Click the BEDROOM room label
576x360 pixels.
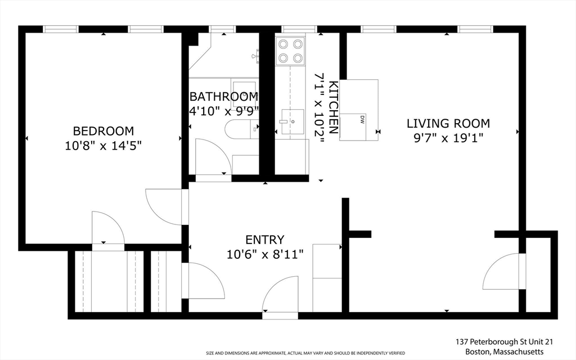tap(103, 130)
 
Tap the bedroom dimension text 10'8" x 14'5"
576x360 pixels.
tap(103, 146)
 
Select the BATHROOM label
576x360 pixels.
tap(224, 97)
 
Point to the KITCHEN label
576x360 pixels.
tap(333, 107)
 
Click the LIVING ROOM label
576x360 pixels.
tap(448, 123)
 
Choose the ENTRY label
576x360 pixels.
tap(265, 240)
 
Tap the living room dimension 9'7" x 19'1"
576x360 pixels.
tap(448, 138)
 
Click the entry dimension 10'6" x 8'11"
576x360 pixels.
tap(265, 254)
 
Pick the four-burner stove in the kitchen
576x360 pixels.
tap(290, 51)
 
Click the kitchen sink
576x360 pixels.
tap(292, 121)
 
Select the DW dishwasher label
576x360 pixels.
tap(362, 119)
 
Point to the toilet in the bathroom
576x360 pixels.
tap(241, 129)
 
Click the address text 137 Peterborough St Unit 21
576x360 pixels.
tap(504, 341)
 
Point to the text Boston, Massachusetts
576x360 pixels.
tap(504, 352)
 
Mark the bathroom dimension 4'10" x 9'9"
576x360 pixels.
tap(224, 111)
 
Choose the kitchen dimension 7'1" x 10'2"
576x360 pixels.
tap(319, 107)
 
